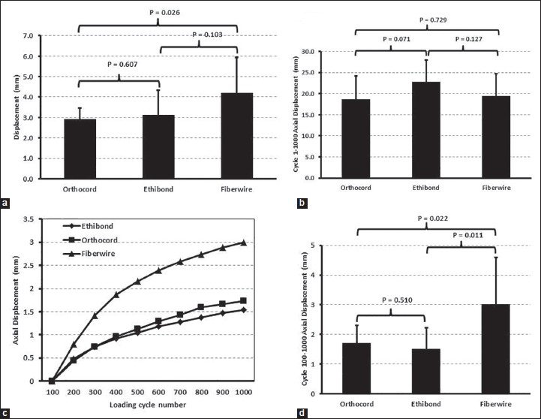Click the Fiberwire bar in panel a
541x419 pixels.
coord(221,136)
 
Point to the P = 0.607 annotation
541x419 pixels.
coord(124,65)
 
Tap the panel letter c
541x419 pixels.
coord(6,411)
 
